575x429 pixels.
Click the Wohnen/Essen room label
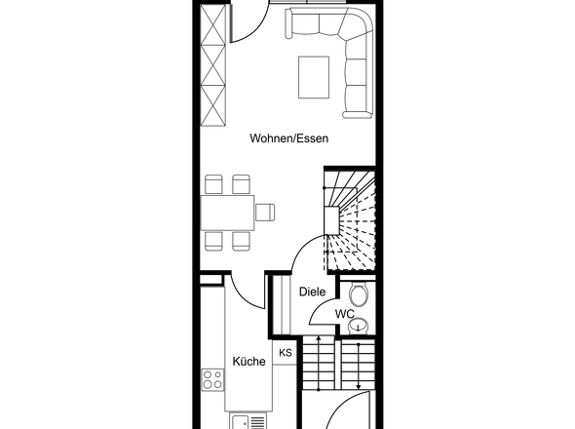pyautogui.click(x=289, y=138)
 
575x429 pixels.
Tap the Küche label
pyautogui.click(x=249, y=361)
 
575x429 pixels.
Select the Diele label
pyautogui.click(x=313, y=292)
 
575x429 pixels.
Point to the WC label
pyautogui.click(x=345, y=314)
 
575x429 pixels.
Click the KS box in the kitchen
pyautogui.click(x=286, y=353)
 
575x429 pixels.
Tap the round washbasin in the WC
pyautogui.click(x=359, y=325)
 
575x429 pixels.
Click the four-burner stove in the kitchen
pyautogui.click(x=212, y=379)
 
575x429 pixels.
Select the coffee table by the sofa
pyautogui.click(x=314, y=77)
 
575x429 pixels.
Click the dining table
pyautogui.click(x=228, y=213)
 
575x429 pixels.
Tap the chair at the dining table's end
pyautogui.click(x=265, y=213)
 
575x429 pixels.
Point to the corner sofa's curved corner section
pyautogui.click(x=358, y=26)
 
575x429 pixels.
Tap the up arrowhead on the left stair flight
pyautogui.click(x=319, y=337)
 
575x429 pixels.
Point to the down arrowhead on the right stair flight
pyautogui.click(x=358, y=386)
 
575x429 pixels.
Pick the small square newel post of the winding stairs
pyautogui.click(x=331, y=221)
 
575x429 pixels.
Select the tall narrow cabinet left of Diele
pyautogui.click(x=282, y=304)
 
